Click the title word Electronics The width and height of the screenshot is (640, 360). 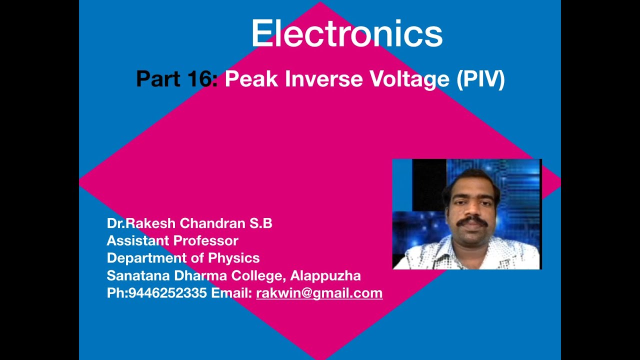pos(346,33)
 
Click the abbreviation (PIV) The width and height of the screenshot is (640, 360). pos(480,79)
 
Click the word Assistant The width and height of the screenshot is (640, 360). pos(137,241)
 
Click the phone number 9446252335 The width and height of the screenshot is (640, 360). pos(167,293)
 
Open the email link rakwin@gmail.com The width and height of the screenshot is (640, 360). pos(319,293)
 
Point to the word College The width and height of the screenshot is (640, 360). pos(259,275)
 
